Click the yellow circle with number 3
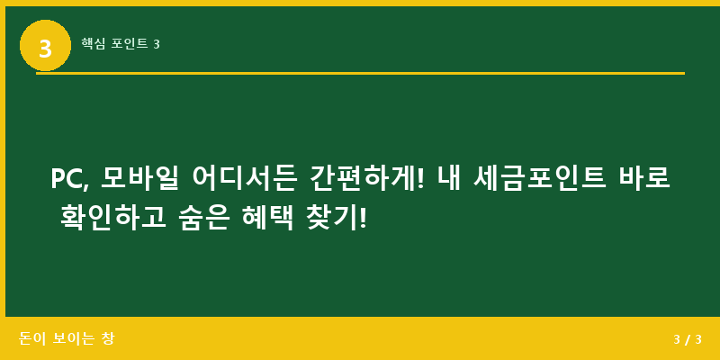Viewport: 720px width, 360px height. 45,45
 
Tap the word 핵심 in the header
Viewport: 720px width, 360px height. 94,43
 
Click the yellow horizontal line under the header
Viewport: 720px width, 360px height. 360,73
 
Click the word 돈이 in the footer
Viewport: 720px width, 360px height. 31,339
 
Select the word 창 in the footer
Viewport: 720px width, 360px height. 108,339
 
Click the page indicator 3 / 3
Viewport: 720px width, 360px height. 687,339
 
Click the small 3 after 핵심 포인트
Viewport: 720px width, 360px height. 157,43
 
